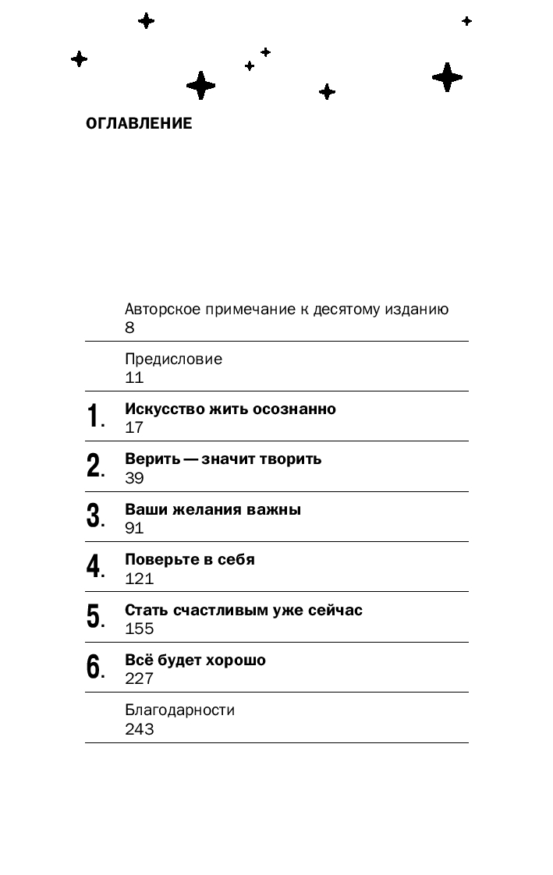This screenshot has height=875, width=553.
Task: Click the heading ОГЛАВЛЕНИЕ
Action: [x=139, y=123]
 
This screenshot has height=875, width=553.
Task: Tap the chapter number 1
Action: [x=94, y=416]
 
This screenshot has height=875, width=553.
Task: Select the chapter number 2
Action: [x=94, y=466]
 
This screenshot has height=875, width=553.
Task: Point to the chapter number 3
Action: [x=94, y=516]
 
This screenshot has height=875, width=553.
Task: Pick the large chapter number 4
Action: [x=94, y=567]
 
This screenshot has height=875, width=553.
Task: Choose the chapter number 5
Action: [x=94, y=617]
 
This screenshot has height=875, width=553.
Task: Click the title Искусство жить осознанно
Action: [x=230, y=409]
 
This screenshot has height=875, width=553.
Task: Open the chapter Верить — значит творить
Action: [x=223, y=459]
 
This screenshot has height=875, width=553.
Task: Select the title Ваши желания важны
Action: [x=213, y=509]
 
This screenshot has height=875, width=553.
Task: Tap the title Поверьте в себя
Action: [x=190, y=559]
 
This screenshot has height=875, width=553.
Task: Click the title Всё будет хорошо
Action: [x=195, y=660]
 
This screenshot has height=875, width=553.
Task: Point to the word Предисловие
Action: [x=173, y=360]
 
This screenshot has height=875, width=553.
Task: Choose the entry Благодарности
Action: [x=179, y=710]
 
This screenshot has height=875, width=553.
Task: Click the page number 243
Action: [x=139, y=729]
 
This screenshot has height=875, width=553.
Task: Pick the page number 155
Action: [x=139, y=629]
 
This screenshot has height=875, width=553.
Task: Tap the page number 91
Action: [x=134, y=528]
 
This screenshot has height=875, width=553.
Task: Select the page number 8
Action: [x=129, y=328]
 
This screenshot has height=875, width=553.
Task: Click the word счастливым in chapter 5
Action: [x=226, y=610]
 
